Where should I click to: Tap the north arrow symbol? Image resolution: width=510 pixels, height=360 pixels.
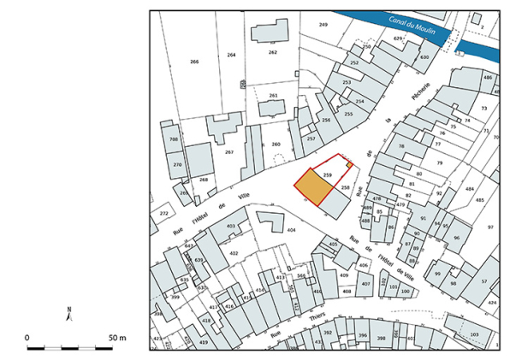coord(68,312)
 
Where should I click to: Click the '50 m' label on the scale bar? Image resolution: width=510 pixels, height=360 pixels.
coord(116,338)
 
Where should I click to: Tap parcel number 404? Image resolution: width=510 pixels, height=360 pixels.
coord(291,230)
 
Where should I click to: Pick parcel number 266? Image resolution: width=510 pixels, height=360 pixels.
coord(194,62)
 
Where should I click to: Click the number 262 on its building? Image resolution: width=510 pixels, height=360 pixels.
coord(272,52)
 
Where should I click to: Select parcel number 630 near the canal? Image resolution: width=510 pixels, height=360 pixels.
coord(424,57)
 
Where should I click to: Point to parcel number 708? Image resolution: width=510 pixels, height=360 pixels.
coord(173,139)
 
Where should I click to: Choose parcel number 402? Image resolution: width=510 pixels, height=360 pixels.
coord(233,253)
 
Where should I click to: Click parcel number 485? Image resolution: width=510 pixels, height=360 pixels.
coord(479,199)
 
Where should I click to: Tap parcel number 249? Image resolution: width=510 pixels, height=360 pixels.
coord(323,25)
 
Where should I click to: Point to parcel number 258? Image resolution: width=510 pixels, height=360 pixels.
coord(345,186)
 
